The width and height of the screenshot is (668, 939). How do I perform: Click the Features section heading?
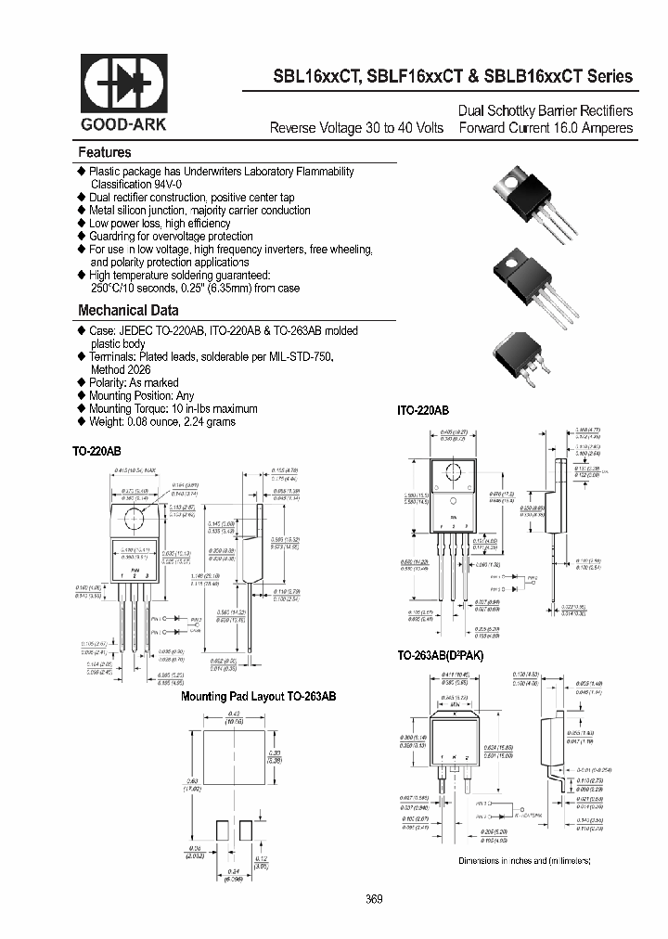click(x=104, y=152)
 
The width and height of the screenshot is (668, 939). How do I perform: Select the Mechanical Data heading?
click(x=128, y=311)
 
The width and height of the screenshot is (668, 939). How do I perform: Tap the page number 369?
click(x=374, y=899)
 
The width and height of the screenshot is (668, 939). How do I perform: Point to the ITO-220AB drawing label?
click(x=423, y=410)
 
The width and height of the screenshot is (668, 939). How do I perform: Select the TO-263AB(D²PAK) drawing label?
click(x=441, y=656)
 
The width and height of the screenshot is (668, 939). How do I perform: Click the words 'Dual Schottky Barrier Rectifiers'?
click(x=546, y=110)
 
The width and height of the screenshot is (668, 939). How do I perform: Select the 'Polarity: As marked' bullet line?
click(x=134, y=382)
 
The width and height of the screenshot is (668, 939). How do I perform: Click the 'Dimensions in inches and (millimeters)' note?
click(x=524, y=861)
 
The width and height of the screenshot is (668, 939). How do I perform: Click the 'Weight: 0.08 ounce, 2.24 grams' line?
click(x=161, y=421)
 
